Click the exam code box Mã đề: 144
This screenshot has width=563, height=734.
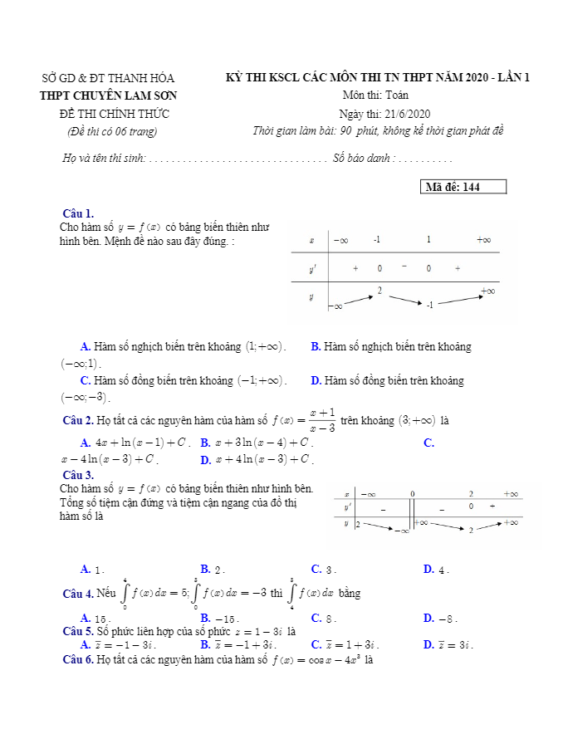[x=464, y=187]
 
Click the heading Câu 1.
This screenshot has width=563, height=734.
[x=78, y=213]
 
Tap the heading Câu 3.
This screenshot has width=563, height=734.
[x=78, y=475]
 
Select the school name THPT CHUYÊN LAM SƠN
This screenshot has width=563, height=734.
[x=109, y=95]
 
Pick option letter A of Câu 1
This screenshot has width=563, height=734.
[x=85, y=346]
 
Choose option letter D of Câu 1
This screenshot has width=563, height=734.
[x=316, y=381]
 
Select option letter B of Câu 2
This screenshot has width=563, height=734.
[x=204, y=443]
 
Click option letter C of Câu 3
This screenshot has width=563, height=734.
[x=316, y=569]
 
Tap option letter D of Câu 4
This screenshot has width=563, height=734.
[x=428, y=618]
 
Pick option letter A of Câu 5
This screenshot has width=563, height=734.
[x=85, y=644]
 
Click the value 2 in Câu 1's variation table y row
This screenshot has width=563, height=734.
[x=379, y=290]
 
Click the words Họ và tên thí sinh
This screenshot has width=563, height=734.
[x=104, y=158]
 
